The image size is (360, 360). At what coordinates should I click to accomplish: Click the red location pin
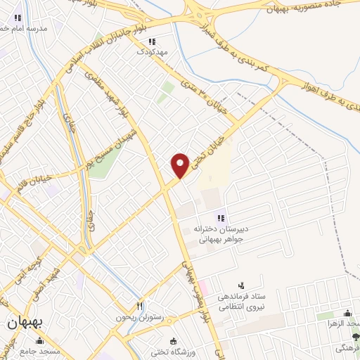(181, 164)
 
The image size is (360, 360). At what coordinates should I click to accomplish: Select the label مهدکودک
(151, 52)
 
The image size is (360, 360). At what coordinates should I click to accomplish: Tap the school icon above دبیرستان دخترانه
(221, 218)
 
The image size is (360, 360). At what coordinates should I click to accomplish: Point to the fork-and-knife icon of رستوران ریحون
(139, 307)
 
